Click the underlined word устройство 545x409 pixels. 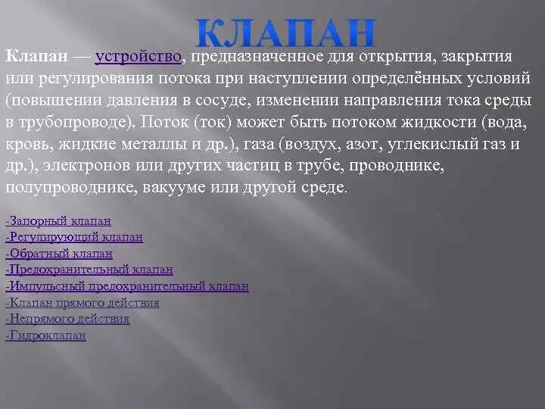[139, 58]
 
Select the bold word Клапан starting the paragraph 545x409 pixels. [37, 58]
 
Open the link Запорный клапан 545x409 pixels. [58, 221]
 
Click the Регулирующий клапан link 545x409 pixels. [74, 238]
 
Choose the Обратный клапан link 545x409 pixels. [59, 254]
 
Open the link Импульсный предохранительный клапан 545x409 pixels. [127, 286]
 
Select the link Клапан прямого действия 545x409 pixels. [83, 303]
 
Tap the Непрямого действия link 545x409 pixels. [67, 319]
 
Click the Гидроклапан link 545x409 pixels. [45, 336]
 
